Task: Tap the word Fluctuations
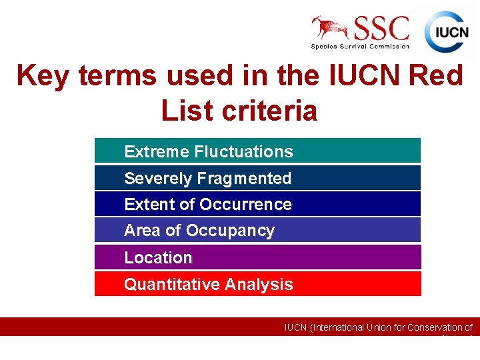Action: (243, 152)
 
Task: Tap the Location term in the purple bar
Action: (158, 257)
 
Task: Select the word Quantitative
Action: (172, 285)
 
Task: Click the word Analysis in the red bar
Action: (259, 285)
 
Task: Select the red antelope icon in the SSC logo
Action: (331, 28)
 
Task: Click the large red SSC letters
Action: (382, 28)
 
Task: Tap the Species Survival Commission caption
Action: (361, 46)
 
